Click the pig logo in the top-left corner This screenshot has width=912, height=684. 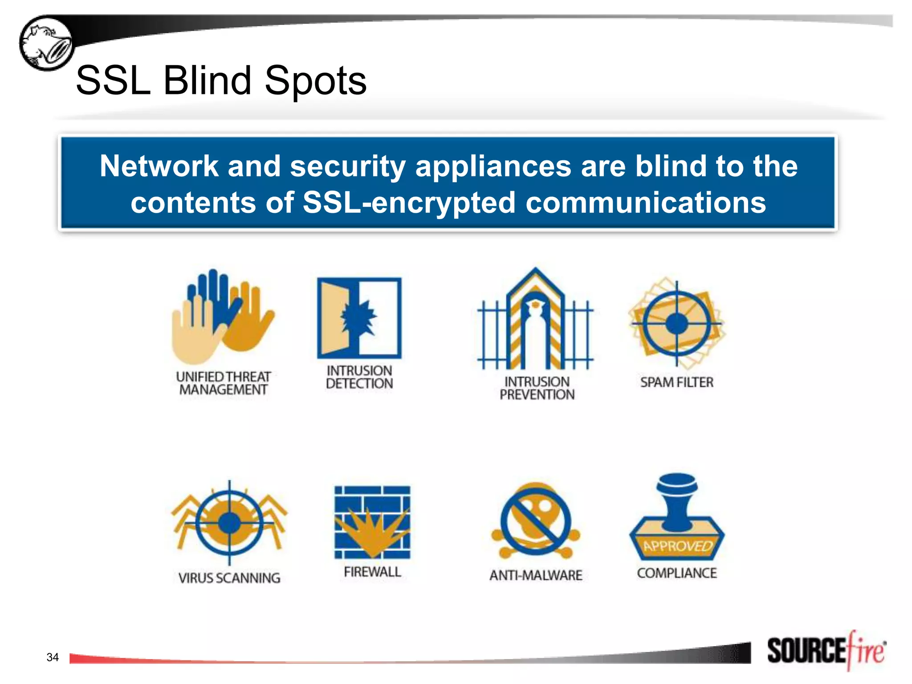(x=46, y=43)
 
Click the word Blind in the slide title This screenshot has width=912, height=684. (x=208, y=81)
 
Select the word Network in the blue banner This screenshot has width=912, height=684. (x=159, y=167)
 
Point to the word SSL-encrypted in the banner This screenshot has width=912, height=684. (x=408, y=203)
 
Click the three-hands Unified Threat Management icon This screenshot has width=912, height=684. (x=223, y=316)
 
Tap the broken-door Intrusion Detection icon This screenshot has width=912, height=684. (x=359, y=318)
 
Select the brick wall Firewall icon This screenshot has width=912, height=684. (x=372, y=522)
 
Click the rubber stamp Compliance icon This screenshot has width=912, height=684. (x=677, y=517)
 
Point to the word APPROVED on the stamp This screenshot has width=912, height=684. (x=677, y=546)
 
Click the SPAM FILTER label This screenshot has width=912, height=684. (x=677, y=382)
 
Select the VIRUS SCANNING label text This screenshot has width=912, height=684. (x=229, y=578)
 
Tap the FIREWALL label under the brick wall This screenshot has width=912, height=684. (x=372, y=572)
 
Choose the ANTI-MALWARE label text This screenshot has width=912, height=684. (x=536, y=575)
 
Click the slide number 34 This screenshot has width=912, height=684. (x=53, y=657)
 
